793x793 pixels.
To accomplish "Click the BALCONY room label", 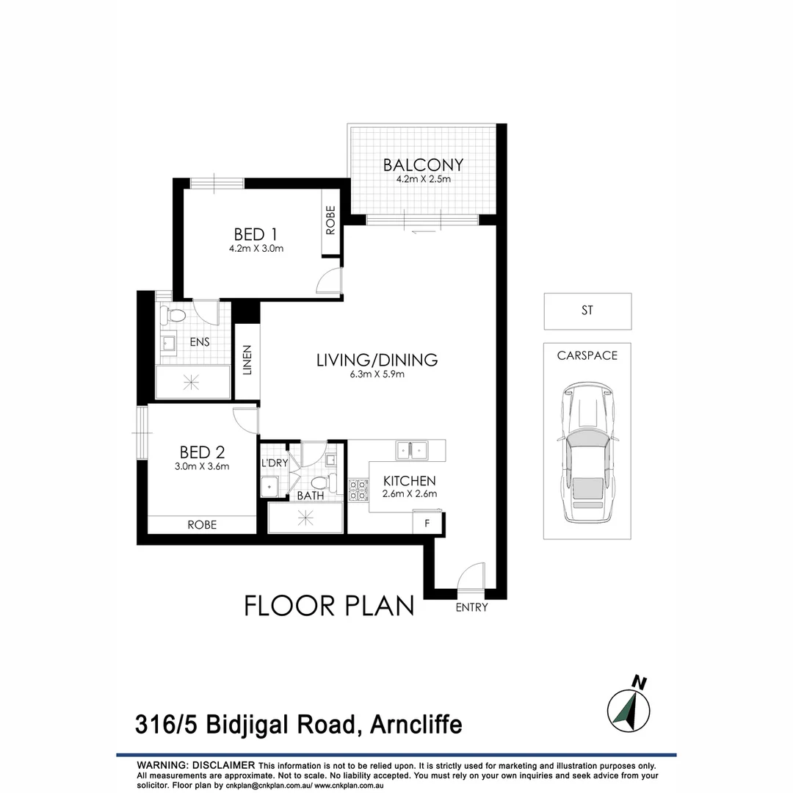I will point(423,164).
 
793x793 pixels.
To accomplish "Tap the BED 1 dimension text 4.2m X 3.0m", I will point(256,249).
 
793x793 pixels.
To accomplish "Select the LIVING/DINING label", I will point(377,360).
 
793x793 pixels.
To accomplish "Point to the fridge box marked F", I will point(427,523).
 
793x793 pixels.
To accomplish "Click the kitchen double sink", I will point(411,449).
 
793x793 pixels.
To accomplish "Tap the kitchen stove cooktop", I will point(358,489).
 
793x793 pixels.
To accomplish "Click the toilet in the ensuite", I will point(175,316).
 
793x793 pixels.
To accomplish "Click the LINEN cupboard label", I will point(247,360).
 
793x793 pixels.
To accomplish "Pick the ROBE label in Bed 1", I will point(330,220).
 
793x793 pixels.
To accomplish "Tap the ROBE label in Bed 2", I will point(201,525).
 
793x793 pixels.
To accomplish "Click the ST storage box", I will point(587,311).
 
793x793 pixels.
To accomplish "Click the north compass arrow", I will point(629,708).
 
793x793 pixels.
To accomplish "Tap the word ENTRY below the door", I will point(471,607).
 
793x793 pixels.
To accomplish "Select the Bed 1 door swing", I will point(330,283).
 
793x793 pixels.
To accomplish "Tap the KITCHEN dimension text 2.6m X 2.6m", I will point(410,493).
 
